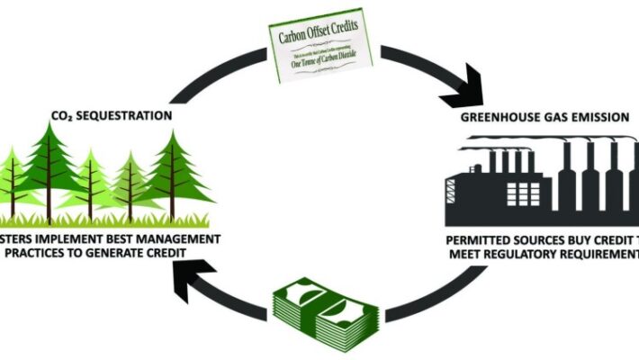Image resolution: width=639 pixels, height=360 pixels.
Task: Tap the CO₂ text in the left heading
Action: (67, 116)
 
